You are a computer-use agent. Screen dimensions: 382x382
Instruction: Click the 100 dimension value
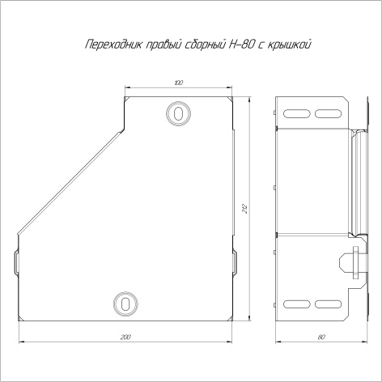point(179,83)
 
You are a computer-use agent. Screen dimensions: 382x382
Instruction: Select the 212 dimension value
point(245,209)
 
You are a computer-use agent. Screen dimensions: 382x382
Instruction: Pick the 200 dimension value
point(125,337)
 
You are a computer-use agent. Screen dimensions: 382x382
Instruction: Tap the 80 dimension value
point(321,337)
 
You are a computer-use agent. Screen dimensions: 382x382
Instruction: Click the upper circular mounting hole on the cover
point(178,113)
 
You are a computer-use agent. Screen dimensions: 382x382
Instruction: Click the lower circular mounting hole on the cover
point(125,304)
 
